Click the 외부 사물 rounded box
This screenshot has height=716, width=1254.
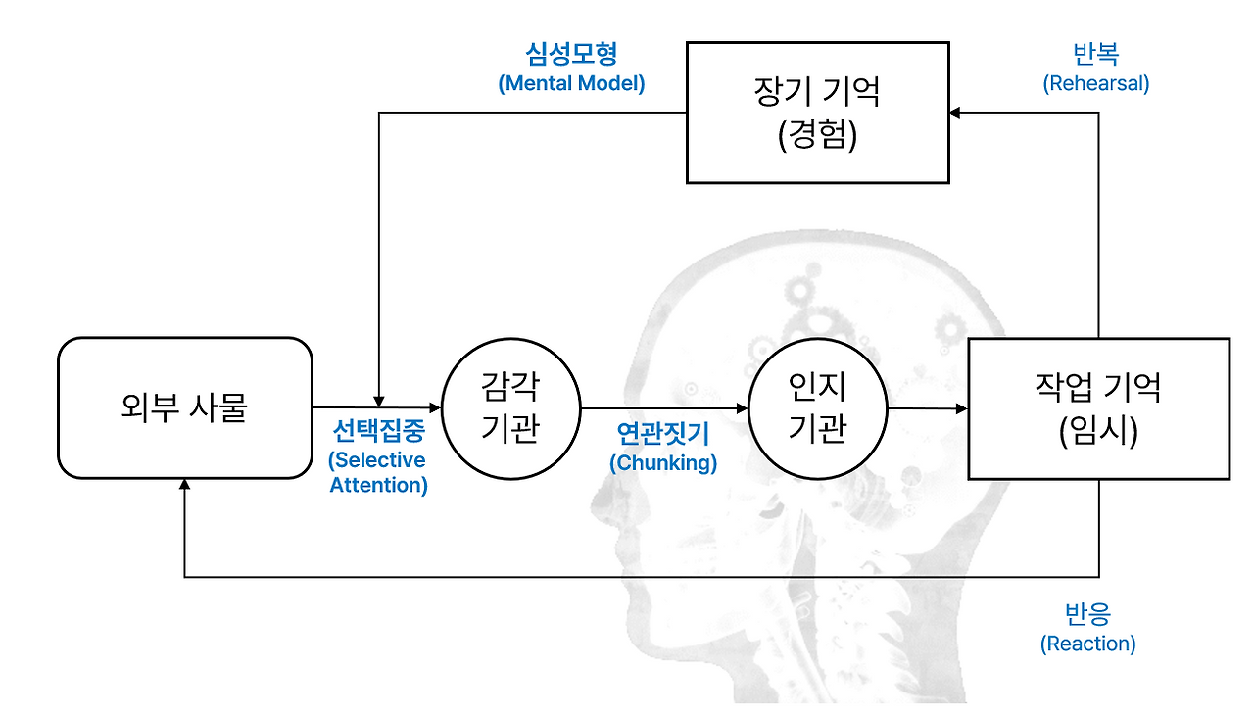coord(184,407)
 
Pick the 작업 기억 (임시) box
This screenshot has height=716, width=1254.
coord(1098,408)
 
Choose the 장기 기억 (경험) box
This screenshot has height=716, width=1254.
coord(817,113)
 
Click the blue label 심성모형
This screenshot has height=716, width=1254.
coord(571,54)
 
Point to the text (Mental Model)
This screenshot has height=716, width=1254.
coord(571,83)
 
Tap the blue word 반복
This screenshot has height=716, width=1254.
coord(1095,54)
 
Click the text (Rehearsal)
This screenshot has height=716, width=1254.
coord(1095,83)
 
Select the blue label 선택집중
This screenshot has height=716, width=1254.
coord(378,432)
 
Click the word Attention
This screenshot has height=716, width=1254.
coord(378,485)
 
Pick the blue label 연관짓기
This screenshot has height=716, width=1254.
coord(663,432)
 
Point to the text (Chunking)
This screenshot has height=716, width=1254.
coord(663,462)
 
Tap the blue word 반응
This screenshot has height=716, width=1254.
coord(1087,615)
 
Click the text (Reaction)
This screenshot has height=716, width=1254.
coord(1087,644)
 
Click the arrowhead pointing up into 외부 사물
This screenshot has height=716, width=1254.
coord(184,486)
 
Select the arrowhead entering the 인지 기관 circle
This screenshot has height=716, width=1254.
coord(742,407)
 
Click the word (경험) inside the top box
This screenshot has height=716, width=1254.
coord(817,135)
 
